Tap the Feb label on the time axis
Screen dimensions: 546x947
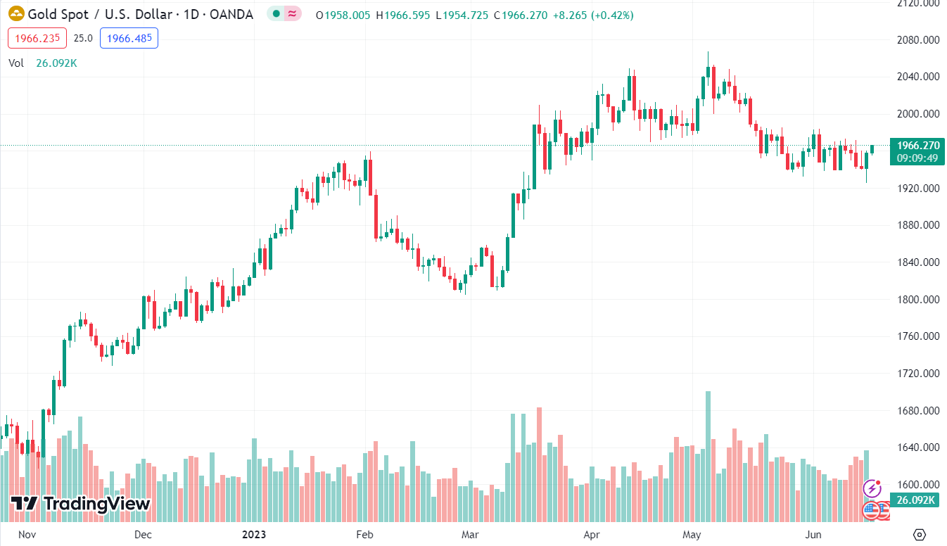(364, 535)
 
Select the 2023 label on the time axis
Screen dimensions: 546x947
(255, 535)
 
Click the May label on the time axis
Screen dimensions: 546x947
(692, 535)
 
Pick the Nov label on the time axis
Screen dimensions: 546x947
(26, 535)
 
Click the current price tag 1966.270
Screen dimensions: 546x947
(917, 146)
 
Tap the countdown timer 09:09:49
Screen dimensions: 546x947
(917, 158)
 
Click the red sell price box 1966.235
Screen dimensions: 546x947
(37, 38)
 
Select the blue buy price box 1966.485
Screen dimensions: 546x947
(129, 38)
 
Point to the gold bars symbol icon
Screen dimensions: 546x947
(15, 15)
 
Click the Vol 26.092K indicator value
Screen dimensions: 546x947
(56, 63)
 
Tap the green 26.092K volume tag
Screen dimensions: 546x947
(916, 500)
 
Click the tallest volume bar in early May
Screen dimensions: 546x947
(708, 457)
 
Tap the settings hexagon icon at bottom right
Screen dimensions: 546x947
(919, 534)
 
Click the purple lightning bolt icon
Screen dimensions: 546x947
(872, 488)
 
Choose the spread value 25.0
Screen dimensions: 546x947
(83, 38)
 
